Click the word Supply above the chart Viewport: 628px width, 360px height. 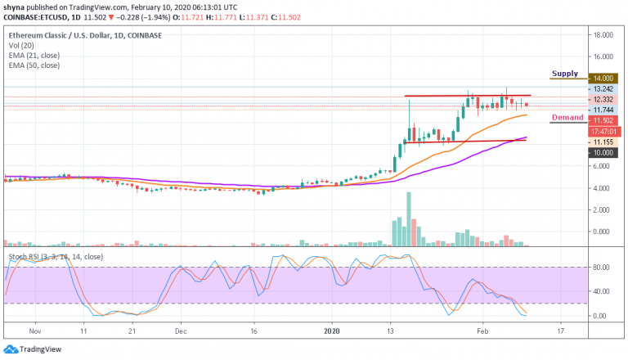point(565,74)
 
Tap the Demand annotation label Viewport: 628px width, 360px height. point(567,117)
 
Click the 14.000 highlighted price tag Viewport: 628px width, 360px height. point(604,79)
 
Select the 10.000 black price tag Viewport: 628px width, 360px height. point(604,152)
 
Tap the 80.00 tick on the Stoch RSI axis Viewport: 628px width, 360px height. point(602,267)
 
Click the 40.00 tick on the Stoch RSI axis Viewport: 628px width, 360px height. point(602,291)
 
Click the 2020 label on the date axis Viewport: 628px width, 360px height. point(331,332)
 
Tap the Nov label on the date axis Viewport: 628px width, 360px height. point(34,332)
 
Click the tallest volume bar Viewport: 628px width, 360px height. point(409,218)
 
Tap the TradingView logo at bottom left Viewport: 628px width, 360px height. point(36,347)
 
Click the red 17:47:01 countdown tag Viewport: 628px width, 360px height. point(604,130)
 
